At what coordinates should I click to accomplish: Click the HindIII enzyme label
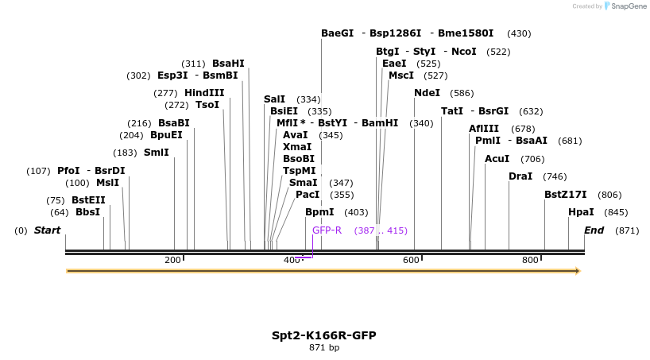(204, 93)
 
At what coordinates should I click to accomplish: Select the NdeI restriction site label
(427, 93)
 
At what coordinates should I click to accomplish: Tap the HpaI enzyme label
(581, 212)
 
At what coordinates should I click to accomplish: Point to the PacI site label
(308, 195)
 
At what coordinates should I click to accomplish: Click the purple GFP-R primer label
(327, 230)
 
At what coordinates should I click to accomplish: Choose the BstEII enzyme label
(88, 200)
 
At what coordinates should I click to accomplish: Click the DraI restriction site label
(520, 176)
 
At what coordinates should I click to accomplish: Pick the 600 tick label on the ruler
(411, 261)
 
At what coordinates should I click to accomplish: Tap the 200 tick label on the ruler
(172, 261)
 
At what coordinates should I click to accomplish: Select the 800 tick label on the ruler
(530, 261)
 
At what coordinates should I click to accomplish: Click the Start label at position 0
(47, 230)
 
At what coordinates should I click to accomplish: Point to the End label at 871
(594, 230)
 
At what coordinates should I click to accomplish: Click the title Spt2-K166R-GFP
(324, 335)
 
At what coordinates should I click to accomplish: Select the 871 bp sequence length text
(324, 348)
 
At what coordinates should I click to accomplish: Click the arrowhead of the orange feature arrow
(578, 271)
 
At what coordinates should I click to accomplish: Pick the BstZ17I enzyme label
(565, 195)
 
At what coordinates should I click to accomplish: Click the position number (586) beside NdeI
(462, 93)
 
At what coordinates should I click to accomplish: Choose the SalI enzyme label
(274, 99)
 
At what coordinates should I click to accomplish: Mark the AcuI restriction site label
(497, 159)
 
